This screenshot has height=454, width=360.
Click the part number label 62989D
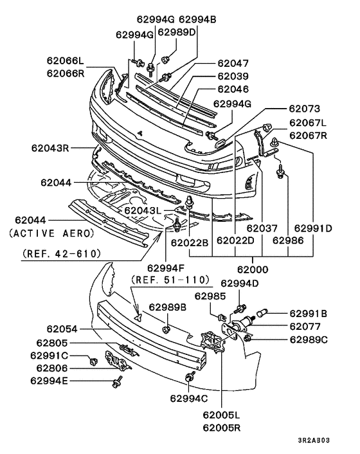coord(176,32)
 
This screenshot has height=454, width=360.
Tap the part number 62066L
coord(65,62)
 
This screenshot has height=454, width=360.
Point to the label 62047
coord(232,64)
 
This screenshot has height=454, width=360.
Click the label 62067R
coord(308,136)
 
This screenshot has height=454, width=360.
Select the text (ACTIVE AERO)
coord(51,232)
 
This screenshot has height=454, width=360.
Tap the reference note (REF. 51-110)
coord(171,280)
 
